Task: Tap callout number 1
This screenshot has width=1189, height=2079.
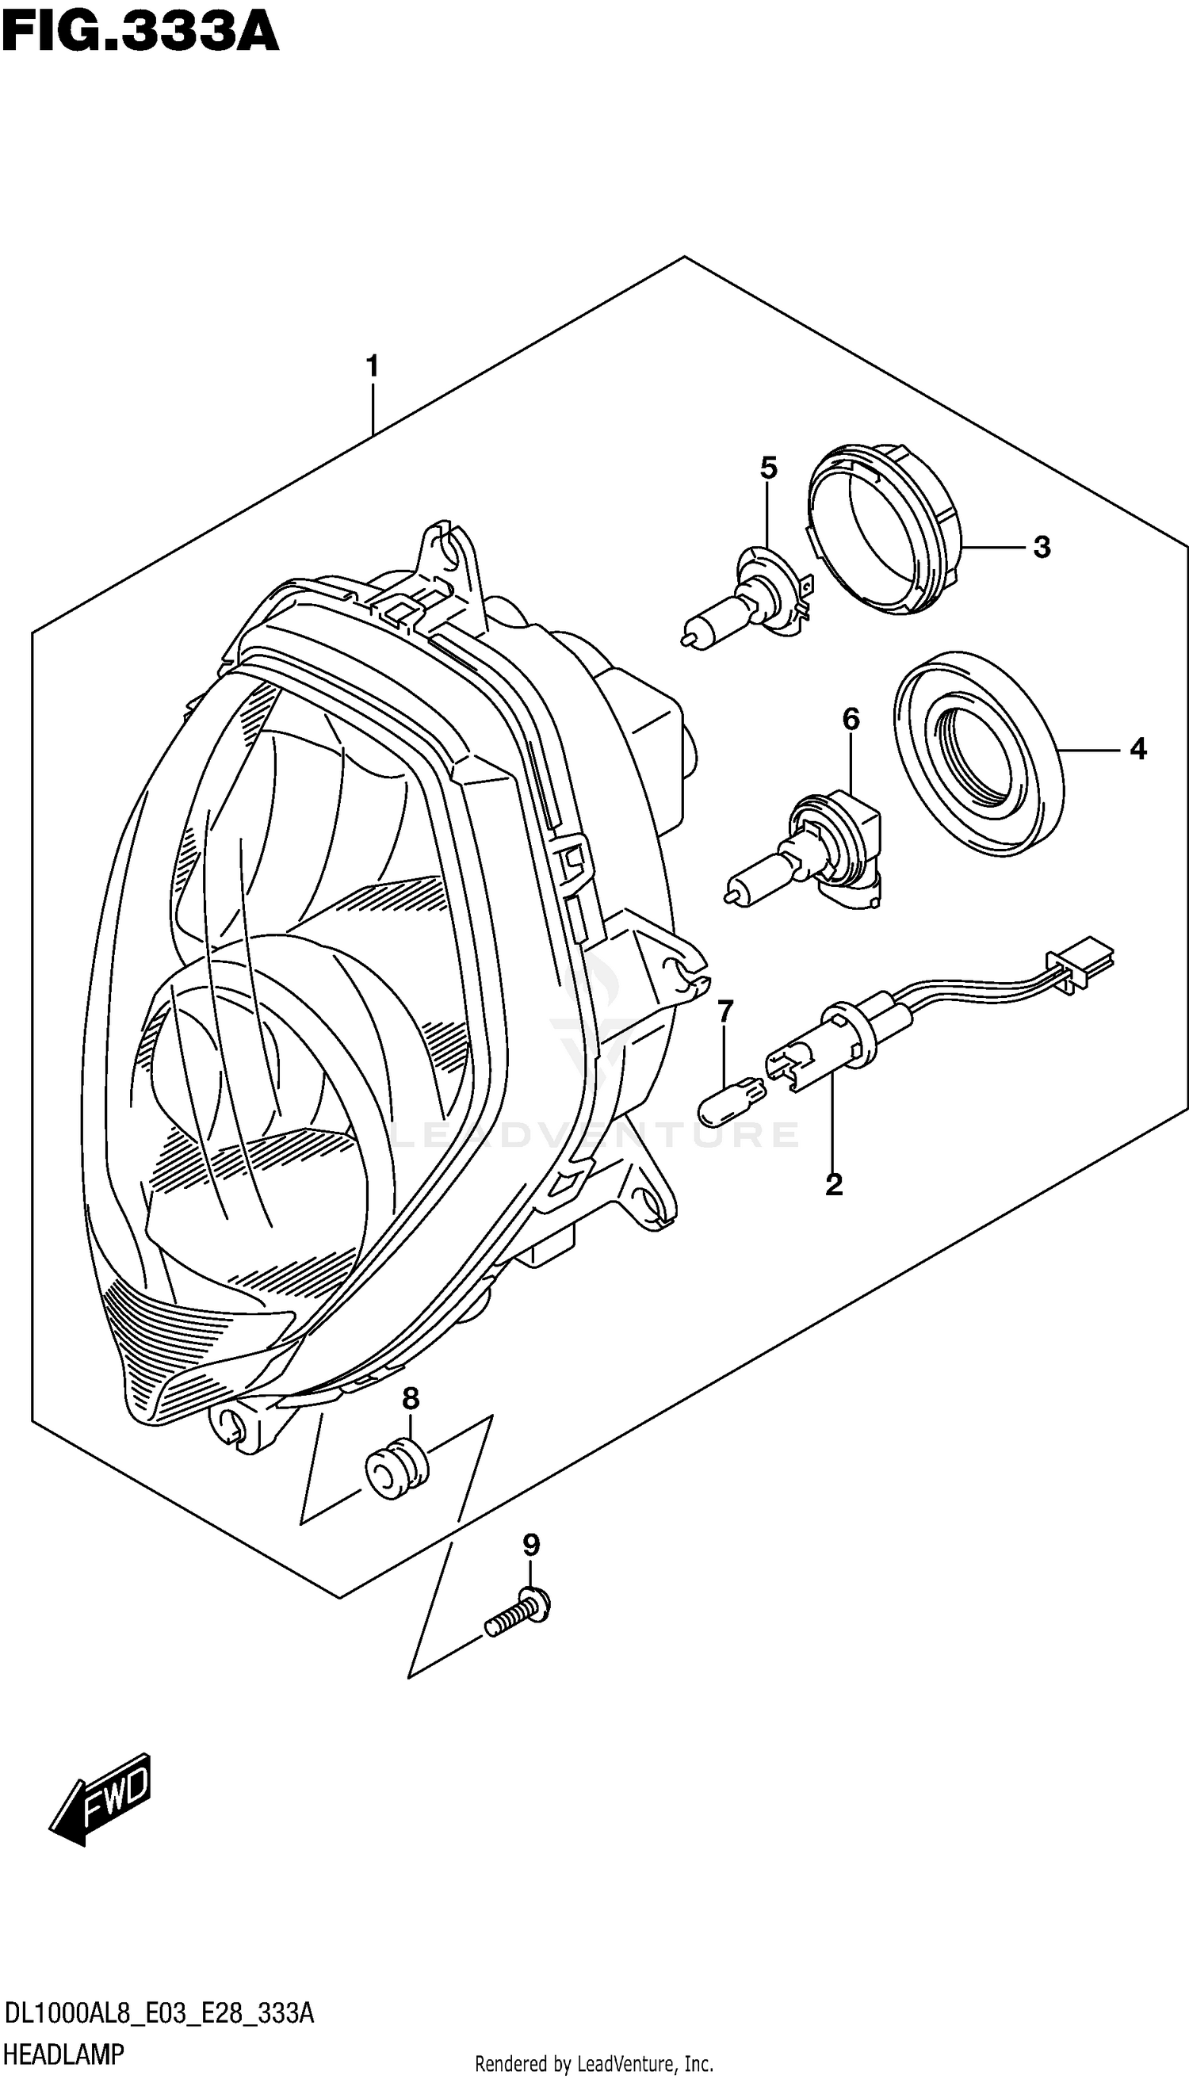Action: pyautogui.click(x=373, y=368)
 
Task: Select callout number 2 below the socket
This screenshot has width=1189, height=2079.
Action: pyautogui.click(x=833, y=1184)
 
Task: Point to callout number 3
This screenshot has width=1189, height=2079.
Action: pyautogui.click(x=1042, y=547)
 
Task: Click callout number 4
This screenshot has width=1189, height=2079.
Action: pyautogui.click(x=1137, y=749)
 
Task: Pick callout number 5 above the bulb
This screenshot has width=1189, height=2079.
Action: pyautogui.click(x=767, y=468)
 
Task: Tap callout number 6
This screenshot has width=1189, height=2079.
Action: pyautogui.click(x=850, y=720)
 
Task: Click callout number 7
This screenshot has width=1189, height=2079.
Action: pyautogui.click(x=725, y=1011)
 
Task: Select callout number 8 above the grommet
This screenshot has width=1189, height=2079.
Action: pyautogui.click(x=410, y=1399)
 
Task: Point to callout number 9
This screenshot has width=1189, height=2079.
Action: pyautogui.click(x=531, y=1545)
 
